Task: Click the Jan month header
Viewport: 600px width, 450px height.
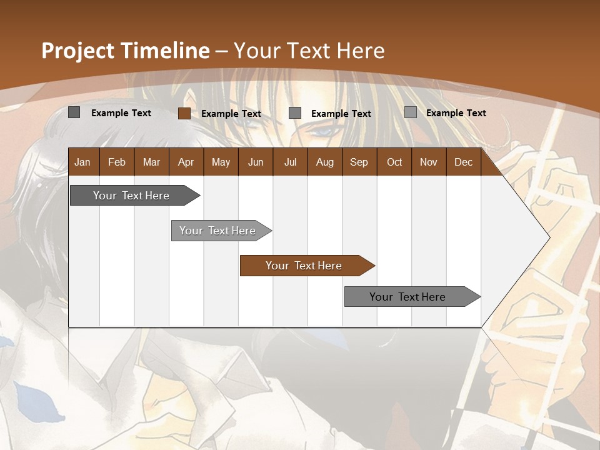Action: [x=82, y=162]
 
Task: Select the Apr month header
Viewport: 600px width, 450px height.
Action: [x=186, y=162]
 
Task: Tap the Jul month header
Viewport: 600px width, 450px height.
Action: [x=290, y=162]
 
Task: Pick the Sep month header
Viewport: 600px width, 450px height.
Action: [x=359, y=162]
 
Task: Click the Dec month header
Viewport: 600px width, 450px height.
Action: [x=463, y=162]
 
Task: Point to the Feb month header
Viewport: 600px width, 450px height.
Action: [x=117, y=162]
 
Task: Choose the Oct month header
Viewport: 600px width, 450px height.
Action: [x=394, y=162]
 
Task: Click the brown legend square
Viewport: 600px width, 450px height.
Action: [x=184, y=113]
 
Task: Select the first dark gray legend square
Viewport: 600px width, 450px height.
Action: [x=74, y=112]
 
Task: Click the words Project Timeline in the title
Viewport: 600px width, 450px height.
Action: [x=125, y=51]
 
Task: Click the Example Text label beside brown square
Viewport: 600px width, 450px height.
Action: [x=231, y=113]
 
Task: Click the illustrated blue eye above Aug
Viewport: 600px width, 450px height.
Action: [x=323, y=132]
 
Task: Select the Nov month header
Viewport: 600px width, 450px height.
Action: [x=429, y=162]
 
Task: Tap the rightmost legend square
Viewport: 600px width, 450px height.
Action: [x=410, y=112]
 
